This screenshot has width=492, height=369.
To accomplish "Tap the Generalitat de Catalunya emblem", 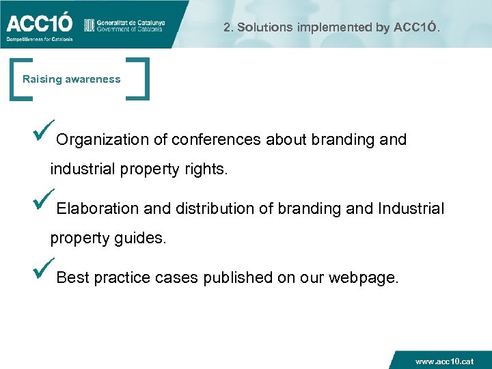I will [88, 25].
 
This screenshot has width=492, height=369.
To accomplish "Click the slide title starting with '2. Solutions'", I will [332, 28].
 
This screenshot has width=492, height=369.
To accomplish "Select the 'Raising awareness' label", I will [71, 79].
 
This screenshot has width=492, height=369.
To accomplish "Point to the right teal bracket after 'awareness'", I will [141, 80].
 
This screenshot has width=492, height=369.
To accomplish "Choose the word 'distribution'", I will [217, 209].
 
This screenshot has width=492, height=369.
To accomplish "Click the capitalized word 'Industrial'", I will [411, 209].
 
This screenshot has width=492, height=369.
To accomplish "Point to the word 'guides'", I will [141, 238].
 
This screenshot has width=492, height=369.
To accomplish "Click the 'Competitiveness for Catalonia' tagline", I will [39, 40].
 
